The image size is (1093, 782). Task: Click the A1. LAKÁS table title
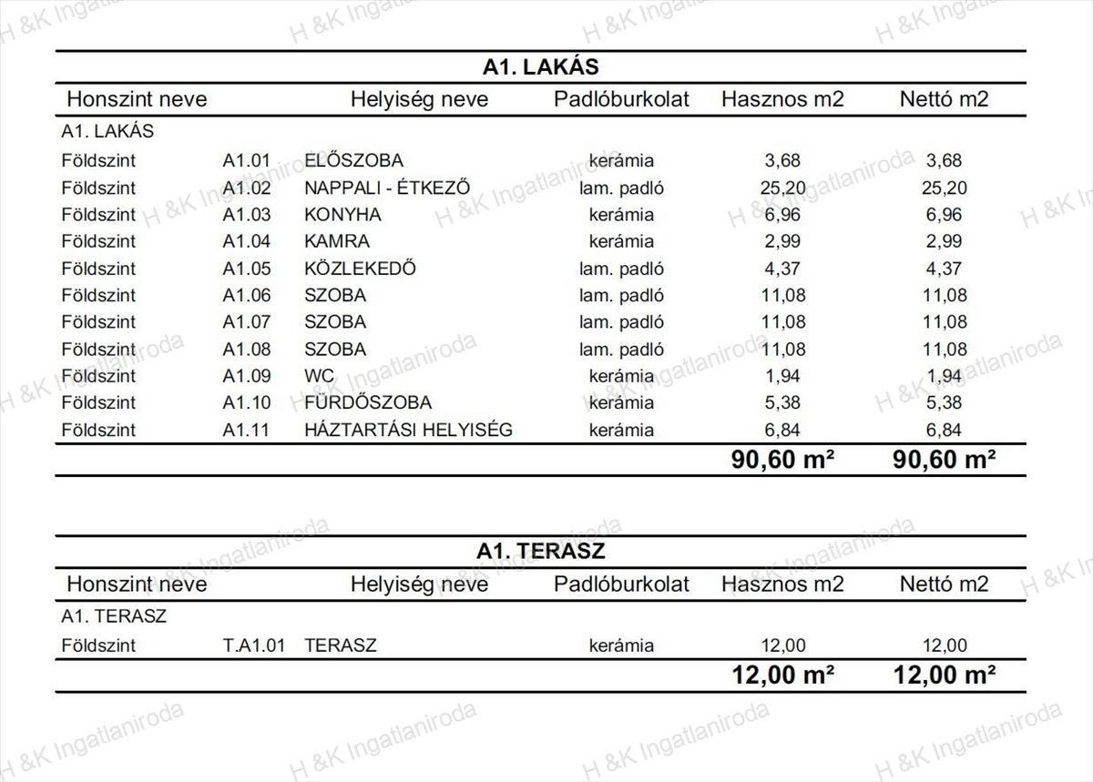pos(540,66)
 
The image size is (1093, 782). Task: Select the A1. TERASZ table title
pos(540,551)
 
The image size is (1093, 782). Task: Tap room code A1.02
pos(247,188)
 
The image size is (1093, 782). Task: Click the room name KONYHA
pos(342,215)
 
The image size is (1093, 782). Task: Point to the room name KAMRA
pos(337,241)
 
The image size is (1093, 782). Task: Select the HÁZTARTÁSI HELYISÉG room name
pos(408,430)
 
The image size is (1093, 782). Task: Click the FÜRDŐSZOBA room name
pos(367,402)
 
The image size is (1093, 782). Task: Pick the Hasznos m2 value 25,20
pos(782,188)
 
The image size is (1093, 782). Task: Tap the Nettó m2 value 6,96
pos(944,215)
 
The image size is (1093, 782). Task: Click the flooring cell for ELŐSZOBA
pos(621,161)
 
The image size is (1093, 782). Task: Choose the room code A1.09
pos(247,376)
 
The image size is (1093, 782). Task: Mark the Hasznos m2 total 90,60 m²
pos(782,460)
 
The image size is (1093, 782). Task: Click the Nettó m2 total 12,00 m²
pos(944,675)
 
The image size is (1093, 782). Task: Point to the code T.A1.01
pos(254,645)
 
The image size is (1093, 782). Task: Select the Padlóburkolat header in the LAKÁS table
pos(621,99)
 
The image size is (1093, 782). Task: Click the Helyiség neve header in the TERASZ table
pos(419,584)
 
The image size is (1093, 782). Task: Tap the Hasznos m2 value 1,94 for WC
pos(782,376)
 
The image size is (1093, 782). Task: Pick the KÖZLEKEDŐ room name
pos(360,269)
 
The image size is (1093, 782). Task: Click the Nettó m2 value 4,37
pos(944,269)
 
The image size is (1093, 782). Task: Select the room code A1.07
pos(247,322)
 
